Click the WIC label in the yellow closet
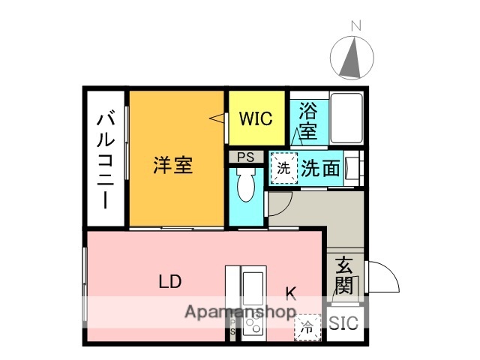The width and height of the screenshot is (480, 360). pyautogui.click(x=256, y=118)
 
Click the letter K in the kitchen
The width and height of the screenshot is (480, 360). pyautogui.click(x=290, y=293)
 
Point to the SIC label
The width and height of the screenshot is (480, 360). pyautogui.click(x=344, y=324)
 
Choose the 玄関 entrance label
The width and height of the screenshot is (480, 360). pyautogui.click(x=343, y=274)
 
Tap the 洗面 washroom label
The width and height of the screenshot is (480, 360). pyautogui.click(x=321, y=168)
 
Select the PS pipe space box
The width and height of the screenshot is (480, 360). pyautogui.click(x=245, y=157)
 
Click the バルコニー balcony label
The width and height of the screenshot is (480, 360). pyautogui.click(x=106, y=161)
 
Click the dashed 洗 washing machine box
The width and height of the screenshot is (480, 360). pyautogui.click(x=283, y=168)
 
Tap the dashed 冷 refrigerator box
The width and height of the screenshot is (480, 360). pyautogui.click(x=307, y=327)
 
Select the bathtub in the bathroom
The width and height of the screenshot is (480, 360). pyautogui.click(x=345, y=118)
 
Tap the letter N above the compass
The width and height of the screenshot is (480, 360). pyautogui.click(x=355, y=25)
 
